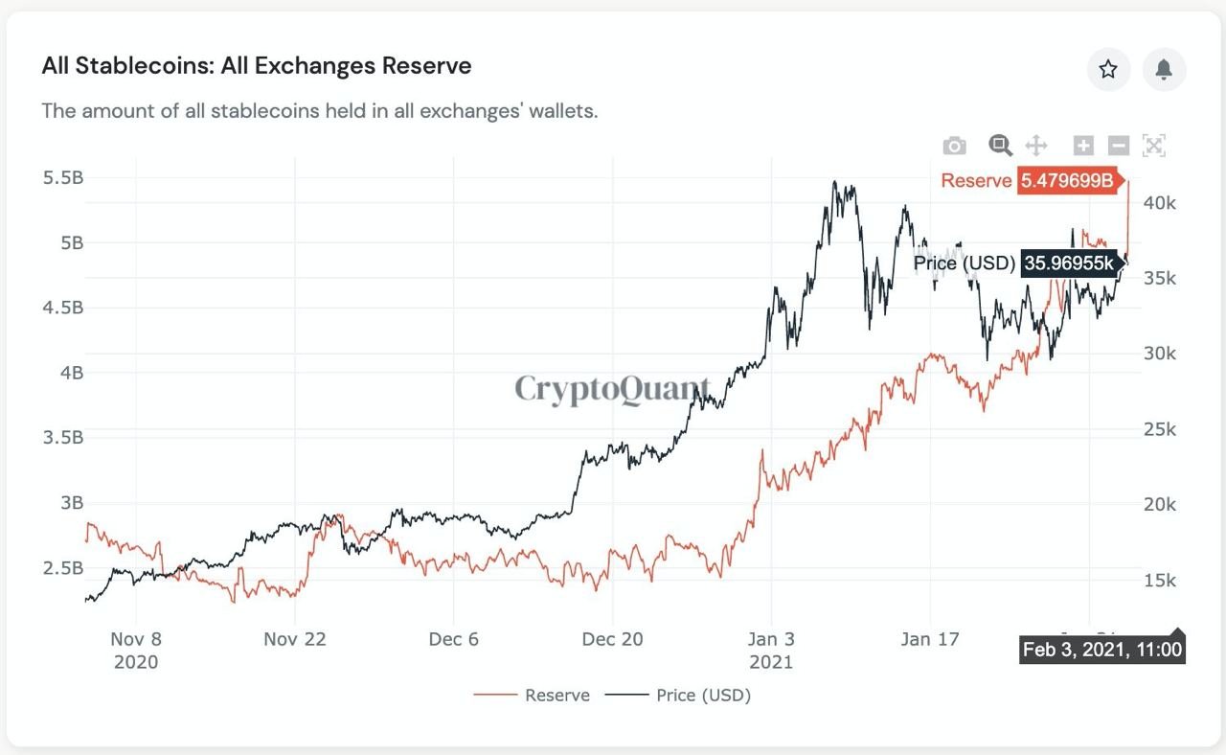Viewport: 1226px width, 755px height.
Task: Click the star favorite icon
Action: [1108, 69]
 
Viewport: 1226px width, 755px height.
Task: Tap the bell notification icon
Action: [1164, 69]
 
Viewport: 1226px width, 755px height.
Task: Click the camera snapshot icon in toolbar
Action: [954, 146]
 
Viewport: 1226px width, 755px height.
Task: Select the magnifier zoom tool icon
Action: [1000, 146]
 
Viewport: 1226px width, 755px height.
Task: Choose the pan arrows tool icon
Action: [1036, 146]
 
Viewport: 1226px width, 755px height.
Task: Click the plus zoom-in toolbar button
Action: [1083, 146]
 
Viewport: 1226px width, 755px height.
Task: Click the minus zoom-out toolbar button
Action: [1119, 146]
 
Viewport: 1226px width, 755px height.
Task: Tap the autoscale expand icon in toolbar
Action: [1154, 146]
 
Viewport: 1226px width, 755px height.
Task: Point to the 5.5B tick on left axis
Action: [63, 178]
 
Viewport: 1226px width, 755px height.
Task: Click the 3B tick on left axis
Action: [72, 503]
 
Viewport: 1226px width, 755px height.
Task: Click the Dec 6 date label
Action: [453, 639]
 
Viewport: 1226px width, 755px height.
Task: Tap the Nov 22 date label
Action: [295, 639]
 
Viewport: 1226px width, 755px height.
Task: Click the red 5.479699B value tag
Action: [1067, 180]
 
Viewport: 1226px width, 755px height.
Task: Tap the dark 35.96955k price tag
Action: [1069, 263]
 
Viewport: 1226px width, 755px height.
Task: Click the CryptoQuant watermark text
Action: [612, 389]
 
